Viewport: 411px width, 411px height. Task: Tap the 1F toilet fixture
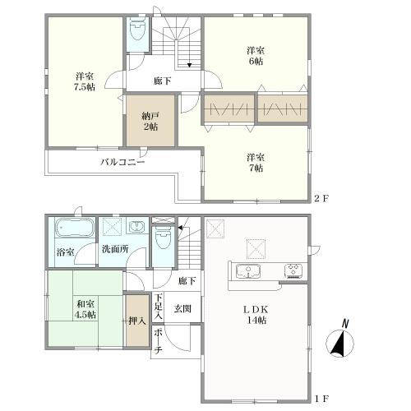(x=164, y=238)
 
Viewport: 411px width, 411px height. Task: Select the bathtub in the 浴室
(x=75, y=228)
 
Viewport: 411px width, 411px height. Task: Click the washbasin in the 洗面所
(x=138, y=227)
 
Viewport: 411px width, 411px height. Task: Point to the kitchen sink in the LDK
(x=248, y=270)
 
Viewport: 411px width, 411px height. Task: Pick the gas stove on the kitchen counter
(x=293, y=271)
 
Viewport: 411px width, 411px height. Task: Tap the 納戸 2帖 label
(x=150, y=122)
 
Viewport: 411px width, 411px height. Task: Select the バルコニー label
(x=122, y=162)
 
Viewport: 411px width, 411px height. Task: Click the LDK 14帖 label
(x=256, y=315)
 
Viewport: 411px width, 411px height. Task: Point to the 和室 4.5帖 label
(x=85, y=309)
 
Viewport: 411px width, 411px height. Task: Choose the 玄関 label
(x=182, y=308)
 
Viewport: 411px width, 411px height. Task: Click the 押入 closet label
(x=137, y=321)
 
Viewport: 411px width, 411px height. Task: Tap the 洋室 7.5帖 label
(x=85, y=81)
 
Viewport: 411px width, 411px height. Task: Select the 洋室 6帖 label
(x=256, y=56)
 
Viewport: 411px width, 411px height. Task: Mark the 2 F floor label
(x=321, y=198)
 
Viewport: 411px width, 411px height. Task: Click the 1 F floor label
(x=321, y=398)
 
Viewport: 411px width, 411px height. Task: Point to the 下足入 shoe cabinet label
(x=158, y=307)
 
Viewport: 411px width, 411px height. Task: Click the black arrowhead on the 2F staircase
(x=189, y=65)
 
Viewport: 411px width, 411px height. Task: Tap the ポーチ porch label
(x=158, y=341)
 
